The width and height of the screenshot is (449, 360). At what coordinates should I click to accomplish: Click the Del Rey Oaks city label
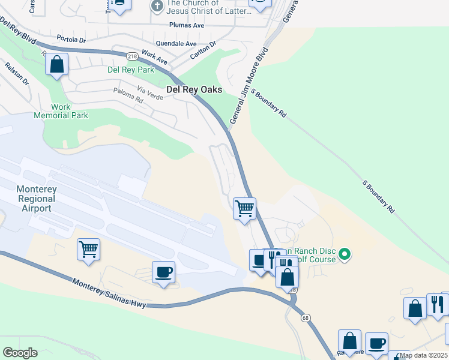pyautogui.click(x=194, y=89)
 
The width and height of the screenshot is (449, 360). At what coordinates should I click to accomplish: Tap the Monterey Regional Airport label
pyautogui.click(x=36, y=199)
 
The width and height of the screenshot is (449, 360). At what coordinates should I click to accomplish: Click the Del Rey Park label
pyautogui.click(x=131, y=70)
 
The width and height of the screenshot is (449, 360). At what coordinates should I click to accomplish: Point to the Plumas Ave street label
pyautogui.click(x=187, y=26)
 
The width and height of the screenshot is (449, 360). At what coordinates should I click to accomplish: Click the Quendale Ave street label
pyautogui.click(x=176, y=44)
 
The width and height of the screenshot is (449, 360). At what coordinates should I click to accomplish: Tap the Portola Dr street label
pyautogui.click(x=71, y=40)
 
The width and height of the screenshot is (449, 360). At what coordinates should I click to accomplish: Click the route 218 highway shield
pyautogui.click(x=131, y=56)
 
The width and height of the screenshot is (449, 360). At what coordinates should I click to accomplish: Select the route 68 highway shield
pyautogui.click(x=306, y=318)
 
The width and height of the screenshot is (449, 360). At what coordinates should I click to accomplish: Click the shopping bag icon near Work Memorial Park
pyautogui.click(x=56, y=64)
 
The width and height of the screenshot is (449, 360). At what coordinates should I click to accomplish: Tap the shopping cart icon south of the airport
pyautogui.click(x=88, y=248)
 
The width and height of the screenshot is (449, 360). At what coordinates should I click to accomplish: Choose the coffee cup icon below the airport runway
pyautogui.click(x=163, y=272)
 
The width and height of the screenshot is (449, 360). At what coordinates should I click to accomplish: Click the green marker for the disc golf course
pyautogui.click(x=345, y=255)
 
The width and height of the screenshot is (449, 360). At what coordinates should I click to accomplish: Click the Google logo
pyautogui.click(x=20, y=353)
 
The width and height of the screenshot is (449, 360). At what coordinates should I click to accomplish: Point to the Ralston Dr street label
pyautogui.click(x=17, y=73)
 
